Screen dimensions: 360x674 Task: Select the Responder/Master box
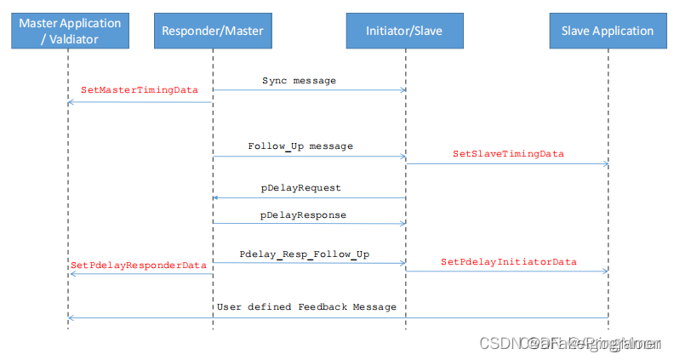pos(213,31)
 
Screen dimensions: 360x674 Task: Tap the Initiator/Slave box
pos(405,31)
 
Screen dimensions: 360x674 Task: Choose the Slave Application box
pos(608,31)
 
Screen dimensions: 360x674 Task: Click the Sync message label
pos(299,81)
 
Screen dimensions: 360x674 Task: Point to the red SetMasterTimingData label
pos(139,89)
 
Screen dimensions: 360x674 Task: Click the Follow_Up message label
pos(300,146)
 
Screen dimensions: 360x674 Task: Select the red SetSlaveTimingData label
pos(508,154)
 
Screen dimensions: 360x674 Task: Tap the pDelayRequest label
pos(300,187)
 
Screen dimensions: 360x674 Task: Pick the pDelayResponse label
pos(303,215)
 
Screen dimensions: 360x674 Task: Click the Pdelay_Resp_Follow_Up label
pos(304,254)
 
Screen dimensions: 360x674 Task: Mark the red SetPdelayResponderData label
pos(139,266)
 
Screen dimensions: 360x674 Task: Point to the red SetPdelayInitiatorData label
pos(508,262)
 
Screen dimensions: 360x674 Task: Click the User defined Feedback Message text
pos(306,306)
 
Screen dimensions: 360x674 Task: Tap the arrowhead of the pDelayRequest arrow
pos(216,197)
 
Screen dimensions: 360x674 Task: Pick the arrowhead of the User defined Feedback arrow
pos(71,317)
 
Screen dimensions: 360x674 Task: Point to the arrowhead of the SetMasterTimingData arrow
pos(71,102)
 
